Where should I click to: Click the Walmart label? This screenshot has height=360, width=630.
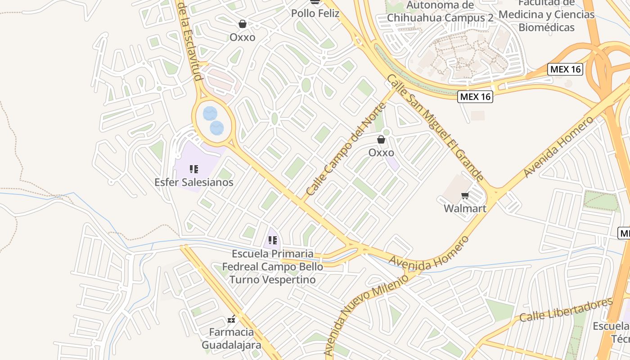(465, 208)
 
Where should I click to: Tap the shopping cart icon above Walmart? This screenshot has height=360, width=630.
(465, 196)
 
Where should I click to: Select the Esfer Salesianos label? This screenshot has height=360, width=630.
(194, 182)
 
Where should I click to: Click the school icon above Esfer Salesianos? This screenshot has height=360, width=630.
(194, 169)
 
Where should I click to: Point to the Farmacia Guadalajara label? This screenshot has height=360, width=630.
(231, 339)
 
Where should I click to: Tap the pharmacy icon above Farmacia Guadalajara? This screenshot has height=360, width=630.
(231, 319)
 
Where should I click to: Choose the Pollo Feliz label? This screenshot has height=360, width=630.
(315, 13)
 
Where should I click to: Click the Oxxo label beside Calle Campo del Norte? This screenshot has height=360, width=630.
(381, 153)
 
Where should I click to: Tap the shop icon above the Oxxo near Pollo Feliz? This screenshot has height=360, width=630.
(243, 24)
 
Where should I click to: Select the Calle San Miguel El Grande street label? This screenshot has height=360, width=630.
(435, 128)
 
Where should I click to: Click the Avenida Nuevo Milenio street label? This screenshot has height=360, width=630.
(366, 315)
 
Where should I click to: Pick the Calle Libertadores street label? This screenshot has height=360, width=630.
(566, 309)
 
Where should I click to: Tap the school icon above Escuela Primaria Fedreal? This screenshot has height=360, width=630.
(273, 240)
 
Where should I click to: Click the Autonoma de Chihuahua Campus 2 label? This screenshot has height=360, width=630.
(440, 12)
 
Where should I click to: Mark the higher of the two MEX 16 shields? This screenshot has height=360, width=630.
(565, 69)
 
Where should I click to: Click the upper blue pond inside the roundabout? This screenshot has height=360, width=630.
(210, 113)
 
